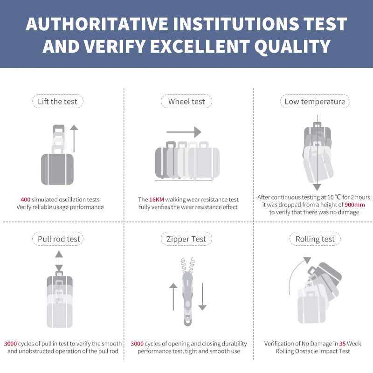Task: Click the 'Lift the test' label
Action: (x=57, y=102)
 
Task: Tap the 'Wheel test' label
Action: (x=186, y=102)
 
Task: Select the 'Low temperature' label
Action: (x=315, y=102)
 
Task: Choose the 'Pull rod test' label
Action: (x=59, y=239)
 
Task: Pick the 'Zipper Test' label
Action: (x=186, y=239)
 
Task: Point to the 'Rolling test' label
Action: (x=315, y=239)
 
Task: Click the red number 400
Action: (x=26, y=200)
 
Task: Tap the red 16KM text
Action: (x=157, y=200)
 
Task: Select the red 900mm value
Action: (x=355, y=205)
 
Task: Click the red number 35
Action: (x=342, y=344)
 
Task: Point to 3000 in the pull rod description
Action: (x=10, y=344)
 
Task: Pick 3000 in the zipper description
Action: (x=137, y=344)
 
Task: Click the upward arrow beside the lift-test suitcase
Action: (x=74, y=138)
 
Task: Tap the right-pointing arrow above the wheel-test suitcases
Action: (x=184, y=132)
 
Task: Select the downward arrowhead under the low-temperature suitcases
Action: (x=317, y=187)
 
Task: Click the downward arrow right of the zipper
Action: (x=202, y=297)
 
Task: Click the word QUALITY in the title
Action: (x=292, y=46)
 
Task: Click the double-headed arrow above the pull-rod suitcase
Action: (x=59, y=261)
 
